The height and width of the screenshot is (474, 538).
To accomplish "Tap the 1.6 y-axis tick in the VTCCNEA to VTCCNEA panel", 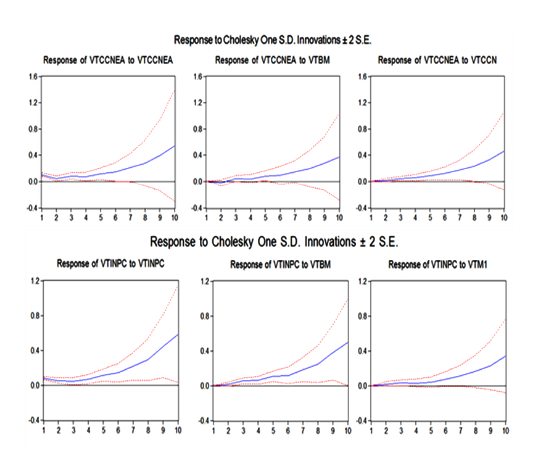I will tap(33, 77).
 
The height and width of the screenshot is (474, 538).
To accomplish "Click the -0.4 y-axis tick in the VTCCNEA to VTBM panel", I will tap(197, 208).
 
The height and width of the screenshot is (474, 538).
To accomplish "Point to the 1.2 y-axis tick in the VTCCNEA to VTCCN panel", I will tap(363, 103).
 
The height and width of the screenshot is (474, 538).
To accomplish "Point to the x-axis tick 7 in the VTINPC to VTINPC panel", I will tap(132, 430).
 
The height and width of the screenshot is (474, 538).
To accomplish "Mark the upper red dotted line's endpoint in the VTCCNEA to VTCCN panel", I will tap(504, 112).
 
